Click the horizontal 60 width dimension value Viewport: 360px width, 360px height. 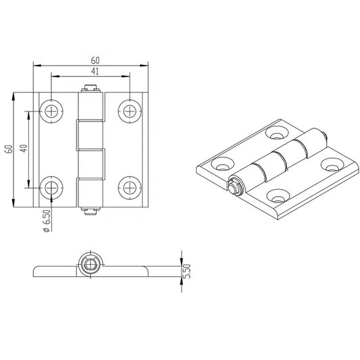point(91,59)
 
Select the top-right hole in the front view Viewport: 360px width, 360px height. point(129,109)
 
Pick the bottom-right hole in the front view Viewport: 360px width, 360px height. point(129,187)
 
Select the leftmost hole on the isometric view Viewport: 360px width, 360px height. point(221,163)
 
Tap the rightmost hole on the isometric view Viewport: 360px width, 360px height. point(330,163)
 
